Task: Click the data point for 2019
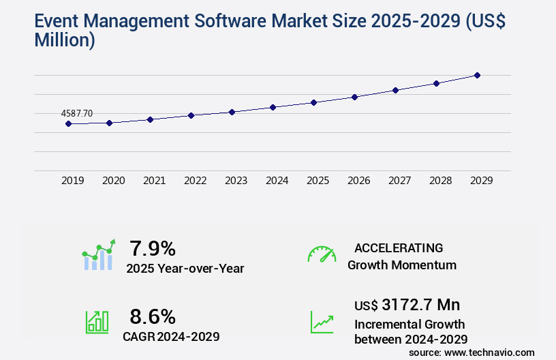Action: coord(68,123)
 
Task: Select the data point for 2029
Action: coord(477,75)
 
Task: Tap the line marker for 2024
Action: coord(273,107)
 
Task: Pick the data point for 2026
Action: coord(354,97)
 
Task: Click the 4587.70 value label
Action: coord(76,113)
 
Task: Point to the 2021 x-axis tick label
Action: coord(154,181)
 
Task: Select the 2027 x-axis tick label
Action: coord(399,181)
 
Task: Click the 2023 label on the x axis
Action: coord(236,181)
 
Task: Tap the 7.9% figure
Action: coord(153,247)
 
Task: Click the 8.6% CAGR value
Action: coord(153,316)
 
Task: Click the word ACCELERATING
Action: coord(399,248)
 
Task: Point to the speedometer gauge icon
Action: coord(322,254)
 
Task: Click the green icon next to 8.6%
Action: coord(97,322)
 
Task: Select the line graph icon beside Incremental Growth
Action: coord(322,322)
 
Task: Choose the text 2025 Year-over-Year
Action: coord(185,269)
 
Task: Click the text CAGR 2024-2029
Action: coord(171,336)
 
